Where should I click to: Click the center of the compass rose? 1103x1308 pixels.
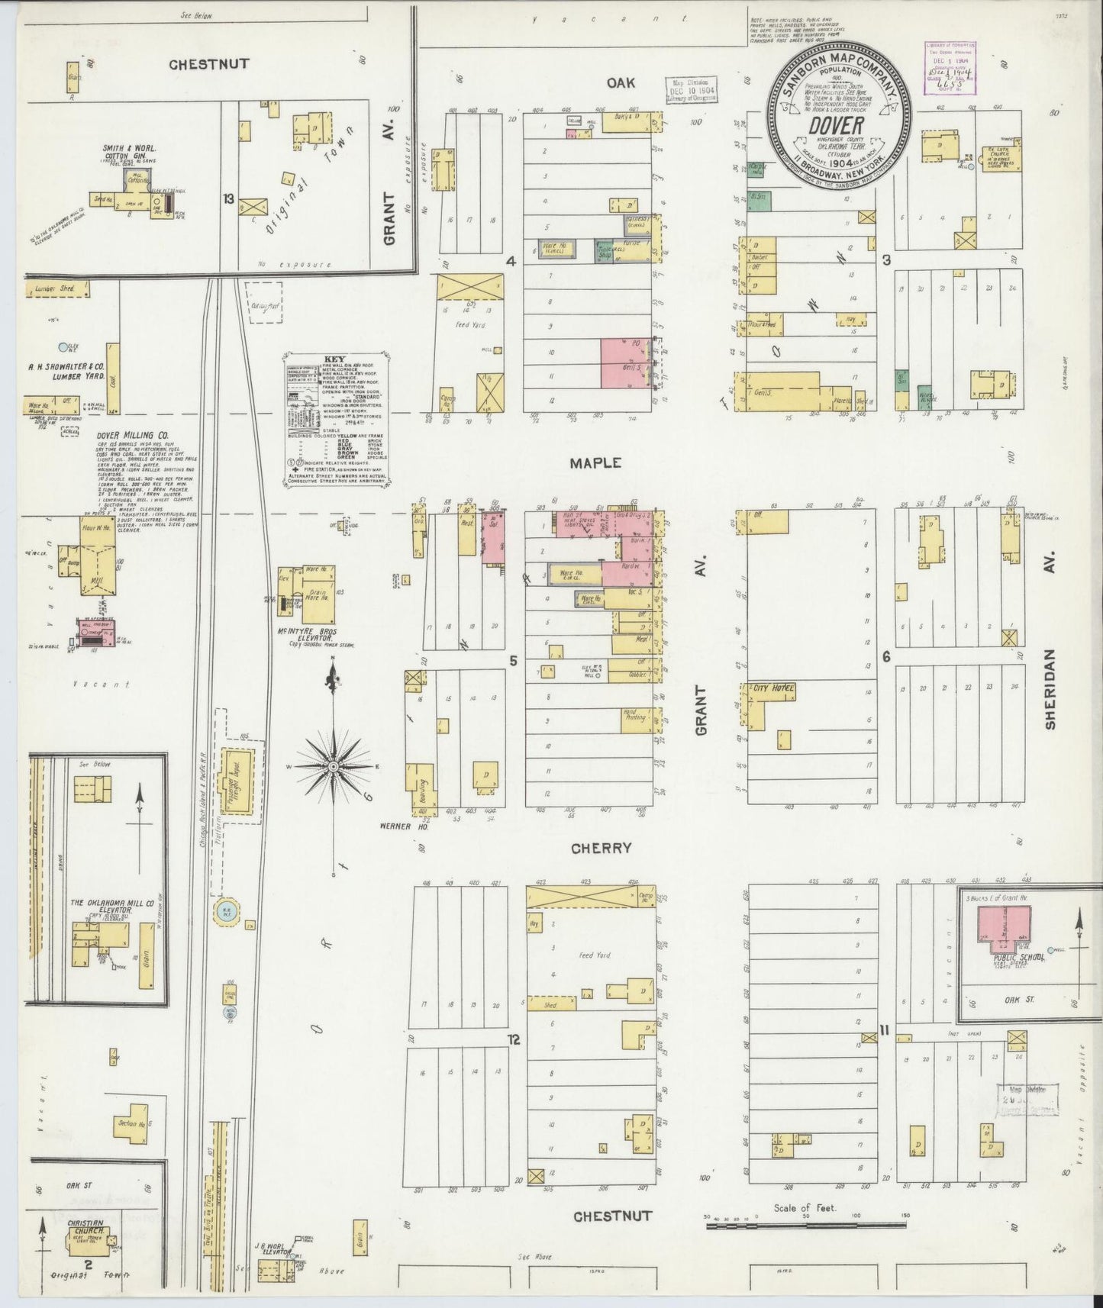click(334, 765)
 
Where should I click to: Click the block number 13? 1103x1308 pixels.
click(227, 199)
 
